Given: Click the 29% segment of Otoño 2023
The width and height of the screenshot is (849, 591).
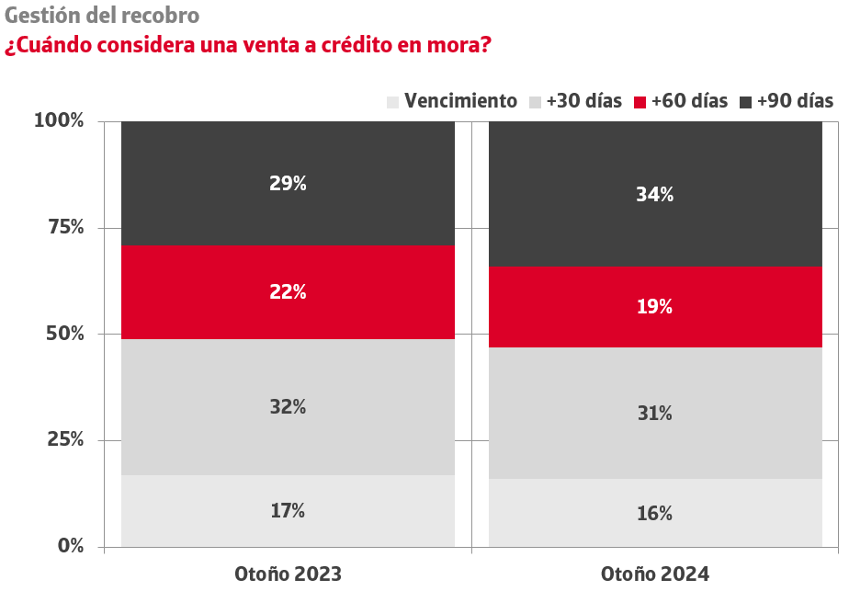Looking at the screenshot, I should pyautogui.click(x=288, y=184).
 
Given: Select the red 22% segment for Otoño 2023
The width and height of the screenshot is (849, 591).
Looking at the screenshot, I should pyautogui.click(x=288, y=292).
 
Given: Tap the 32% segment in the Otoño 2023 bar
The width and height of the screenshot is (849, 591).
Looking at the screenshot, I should pyautogui.click(x=288, y=407).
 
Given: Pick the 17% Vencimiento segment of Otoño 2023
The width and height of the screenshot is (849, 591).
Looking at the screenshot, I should pyautogui.click(x=288, y=511).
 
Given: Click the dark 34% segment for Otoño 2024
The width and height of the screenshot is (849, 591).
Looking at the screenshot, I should pyautogui.click(x=655, y=194).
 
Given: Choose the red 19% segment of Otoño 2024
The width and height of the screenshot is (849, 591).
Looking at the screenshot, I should pyautogui.click(x=655, y=307).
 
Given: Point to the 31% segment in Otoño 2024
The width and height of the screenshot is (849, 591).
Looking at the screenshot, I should pyautogui.click(x=655, y=414).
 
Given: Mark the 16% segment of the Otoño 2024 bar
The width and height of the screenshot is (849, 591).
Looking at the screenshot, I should pyautogui.click(x=655, y=513).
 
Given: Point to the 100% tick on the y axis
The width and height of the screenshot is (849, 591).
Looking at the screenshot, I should pyautogui.click(x=59, y=120).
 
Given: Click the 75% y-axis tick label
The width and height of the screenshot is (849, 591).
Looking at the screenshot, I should pyautogui.click(x=64, y=227).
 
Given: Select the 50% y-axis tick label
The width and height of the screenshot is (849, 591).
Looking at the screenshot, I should pyautogui.click(x=64, y=334).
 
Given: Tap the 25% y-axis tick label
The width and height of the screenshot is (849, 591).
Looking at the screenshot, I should pyautogui.click(x=64, y=439).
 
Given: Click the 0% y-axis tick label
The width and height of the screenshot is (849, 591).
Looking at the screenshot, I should pyautogui.click(x=70, y=546).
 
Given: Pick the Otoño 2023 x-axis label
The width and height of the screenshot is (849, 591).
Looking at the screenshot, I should pyautogui.click(x=288, y=574).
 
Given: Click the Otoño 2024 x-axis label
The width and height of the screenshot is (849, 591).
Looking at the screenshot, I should pyautogui.click(x=655, y=574).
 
